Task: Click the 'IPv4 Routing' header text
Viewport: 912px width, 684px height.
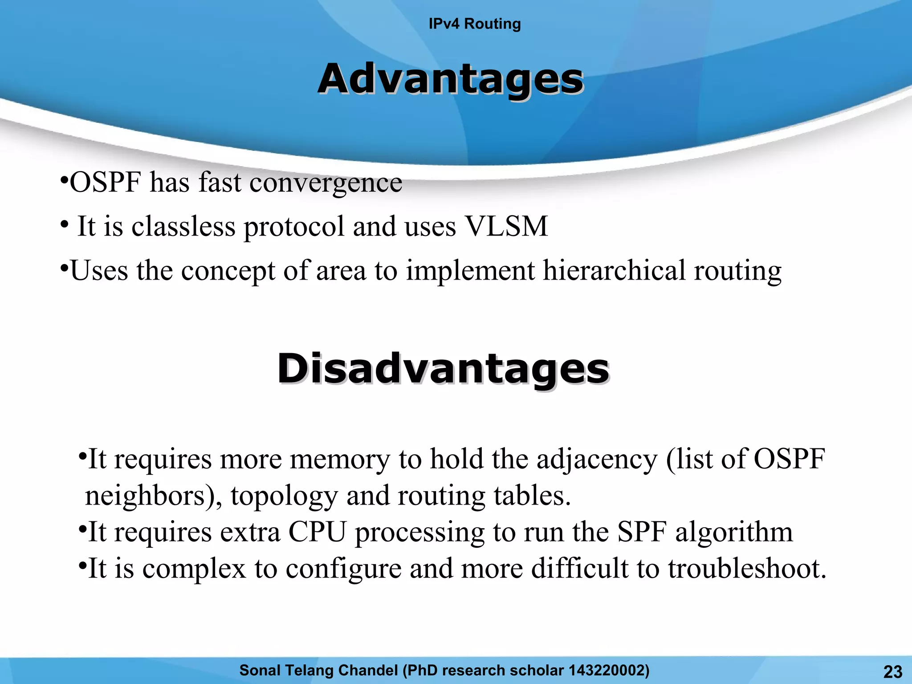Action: coord(474,24)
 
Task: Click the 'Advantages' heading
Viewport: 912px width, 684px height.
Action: coord(450,79)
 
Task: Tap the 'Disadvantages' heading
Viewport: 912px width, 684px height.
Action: coord(443,369)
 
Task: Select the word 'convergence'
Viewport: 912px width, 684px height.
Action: coord(326,183)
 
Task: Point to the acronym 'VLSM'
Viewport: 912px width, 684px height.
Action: coord(506,226)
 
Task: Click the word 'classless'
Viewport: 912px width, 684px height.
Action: coord(183,226)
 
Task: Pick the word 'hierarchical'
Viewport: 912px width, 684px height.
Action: coord(614,270)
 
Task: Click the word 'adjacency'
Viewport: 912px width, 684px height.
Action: coord(596,459)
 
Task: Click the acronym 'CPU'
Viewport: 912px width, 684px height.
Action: coord(317,532)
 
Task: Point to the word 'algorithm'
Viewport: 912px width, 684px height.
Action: coord(734,532)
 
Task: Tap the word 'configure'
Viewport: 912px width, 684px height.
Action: coord(343,569)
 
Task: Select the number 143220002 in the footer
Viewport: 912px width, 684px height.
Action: coord(604,670)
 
